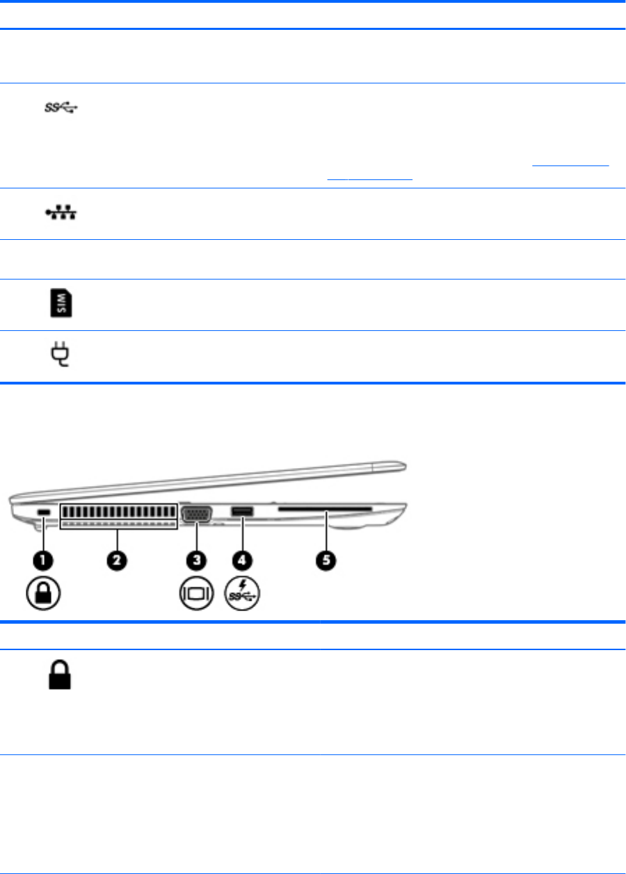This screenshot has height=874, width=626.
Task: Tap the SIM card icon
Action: point(60,305)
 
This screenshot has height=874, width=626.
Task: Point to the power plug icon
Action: point(60,355)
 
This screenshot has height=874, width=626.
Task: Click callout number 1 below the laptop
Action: point(42,559)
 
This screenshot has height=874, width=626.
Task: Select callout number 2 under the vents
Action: point(118,559)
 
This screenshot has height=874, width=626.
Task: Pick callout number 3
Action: point(196,559)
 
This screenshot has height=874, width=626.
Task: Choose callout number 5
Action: point(323,559)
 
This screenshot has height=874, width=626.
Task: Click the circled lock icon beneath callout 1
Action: point(42,595)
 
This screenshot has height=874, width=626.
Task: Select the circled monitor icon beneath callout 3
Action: point(196,596)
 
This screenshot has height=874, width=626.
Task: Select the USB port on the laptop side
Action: point(241,512)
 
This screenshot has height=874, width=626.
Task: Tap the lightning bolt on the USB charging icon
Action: point(243,586)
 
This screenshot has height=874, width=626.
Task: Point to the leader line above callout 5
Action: point(323,532)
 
